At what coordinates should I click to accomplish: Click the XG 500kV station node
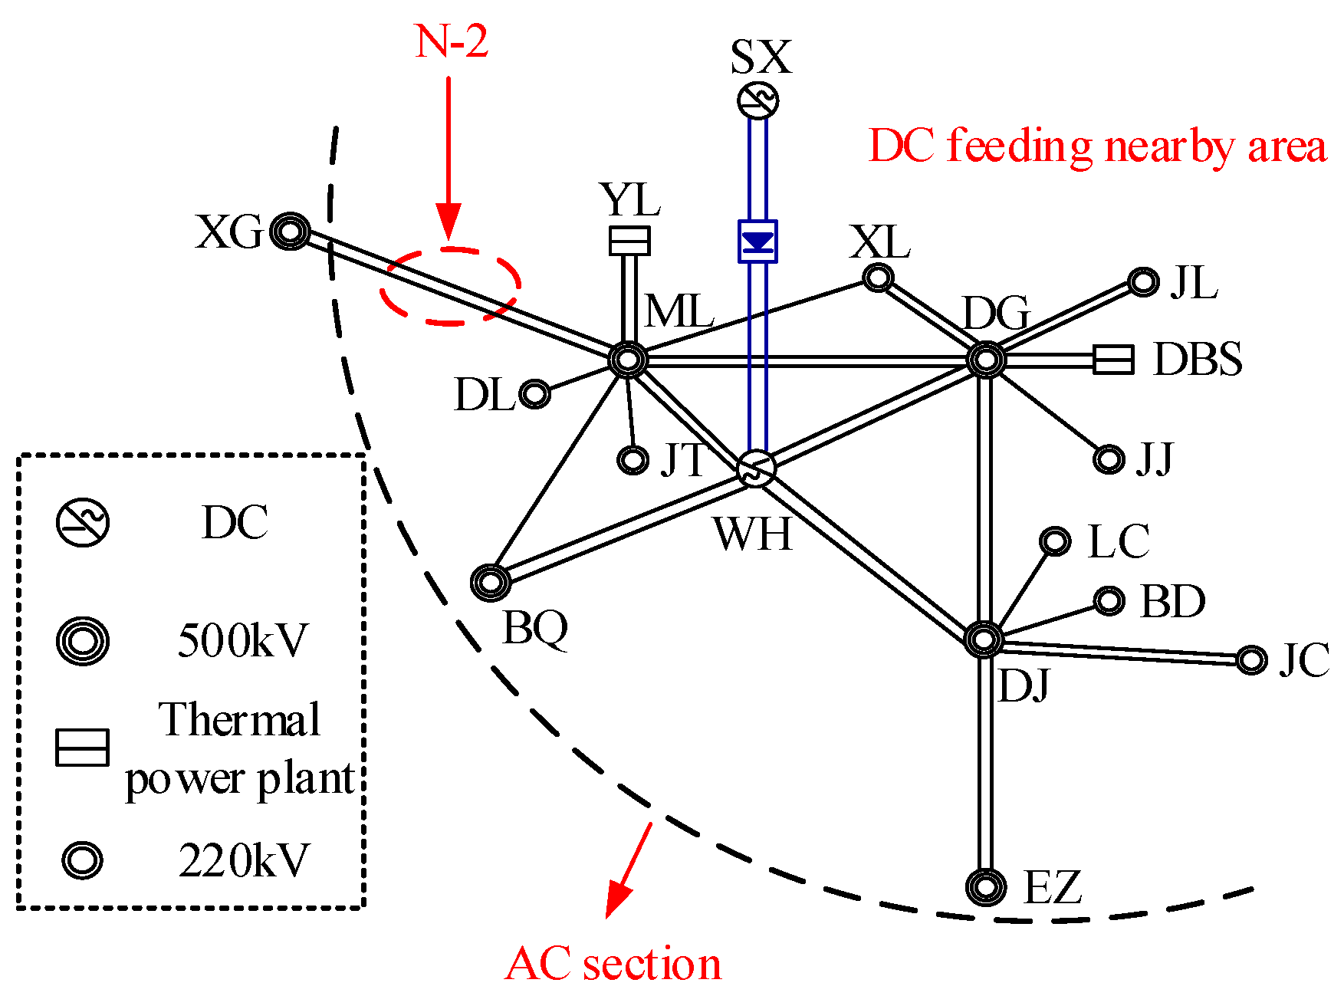point(291,231)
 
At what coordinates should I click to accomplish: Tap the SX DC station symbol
point(757,100)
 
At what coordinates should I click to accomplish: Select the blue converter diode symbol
point(757,242)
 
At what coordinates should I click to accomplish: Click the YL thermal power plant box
point(629,241)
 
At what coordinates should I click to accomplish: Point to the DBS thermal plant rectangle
point(1112,359)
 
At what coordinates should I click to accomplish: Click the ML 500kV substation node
point(628,359)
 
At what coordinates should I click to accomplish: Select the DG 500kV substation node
point(986,359)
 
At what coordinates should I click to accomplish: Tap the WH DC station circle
point(756,468)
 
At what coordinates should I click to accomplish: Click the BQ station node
point(491,583)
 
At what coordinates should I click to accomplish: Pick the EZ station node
point(986,887)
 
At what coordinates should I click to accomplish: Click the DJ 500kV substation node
point(984,639)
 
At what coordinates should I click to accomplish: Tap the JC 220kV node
point(1251,659)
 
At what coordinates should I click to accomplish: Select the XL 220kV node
point(878,277)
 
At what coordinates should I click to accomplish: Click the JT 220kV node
point(633,460)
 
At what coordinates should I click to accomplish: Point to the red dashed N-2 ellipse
point(451,285)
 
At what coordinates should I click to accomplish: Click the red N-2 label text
point(452,41)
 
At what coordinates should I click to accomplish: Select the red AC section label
point(613,964)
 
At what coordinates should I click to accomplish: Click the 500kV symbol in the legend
point(83,640)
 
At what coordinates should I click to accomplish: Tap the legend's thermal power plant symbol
point(82,748)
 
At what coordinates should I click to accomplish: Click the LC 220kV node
point(1055,541)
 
